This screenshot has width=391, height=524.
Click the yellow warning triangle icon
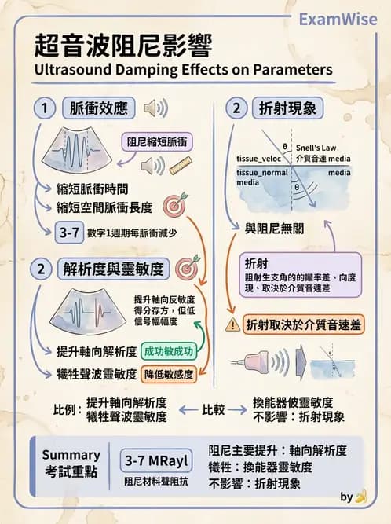tap(233, 323)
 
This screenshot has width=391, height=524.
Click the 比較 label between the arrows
tap(214, 409)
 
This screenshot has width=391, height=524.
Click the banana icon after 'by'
tap(360, 497)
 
